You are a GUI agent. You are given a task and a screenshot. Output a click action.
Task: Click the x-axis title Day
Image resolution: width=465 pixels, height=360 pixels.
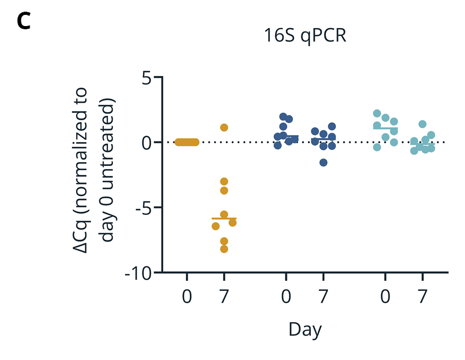tap(305, 330)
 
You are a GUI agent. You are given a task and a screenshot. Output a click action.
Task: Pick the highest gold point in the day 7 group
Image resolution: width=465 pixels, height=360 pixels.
tap(224, 128)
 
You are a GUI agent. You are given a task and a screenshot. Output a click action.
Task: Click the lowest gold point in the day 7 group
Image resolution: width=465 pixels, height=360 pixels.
tap(224, 249)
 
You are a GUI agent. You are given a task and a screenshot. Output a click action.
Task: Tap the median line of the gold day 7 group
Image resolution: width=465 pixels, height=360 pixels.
tap(224, 219)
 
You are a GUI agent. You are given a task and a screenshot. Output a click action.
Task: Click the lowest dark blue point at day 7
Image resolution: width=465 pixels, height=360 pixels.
tap(323, 162)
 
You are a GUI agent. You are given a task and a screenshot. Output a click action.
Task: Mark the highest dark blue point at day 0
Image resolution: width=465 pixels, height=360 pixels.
tap(283, 117)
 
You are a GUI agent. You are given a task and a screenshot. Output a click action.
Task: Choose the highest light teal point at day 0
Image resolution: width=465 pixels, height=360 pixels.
tap(377, 113)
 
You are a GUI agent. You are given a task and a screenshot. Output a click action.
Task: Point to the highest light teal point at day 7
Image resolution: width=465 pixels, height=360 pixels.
tap(422, 124)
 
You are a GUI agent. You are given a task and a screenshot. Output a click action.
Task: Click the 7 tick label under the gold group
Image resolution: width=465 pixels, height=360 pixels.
tap(224, 297)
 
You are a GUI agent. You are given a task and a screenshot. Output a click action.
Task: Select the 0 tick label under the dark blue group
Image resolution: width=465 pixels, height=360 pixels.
tap(286, 297)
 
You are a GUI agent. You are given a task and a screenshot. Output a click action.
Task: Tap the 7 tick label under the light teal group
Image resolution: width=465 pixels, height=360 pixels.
tap(422, 297)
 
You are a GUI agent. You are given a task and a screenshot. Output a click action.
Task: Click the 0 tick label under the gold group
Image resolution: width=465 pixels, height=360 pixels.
tap(187, 297)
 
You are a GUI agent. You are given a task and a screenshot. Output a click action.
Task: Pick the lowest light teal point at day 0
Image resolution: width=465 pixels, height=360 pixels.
tap(377, 147)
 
